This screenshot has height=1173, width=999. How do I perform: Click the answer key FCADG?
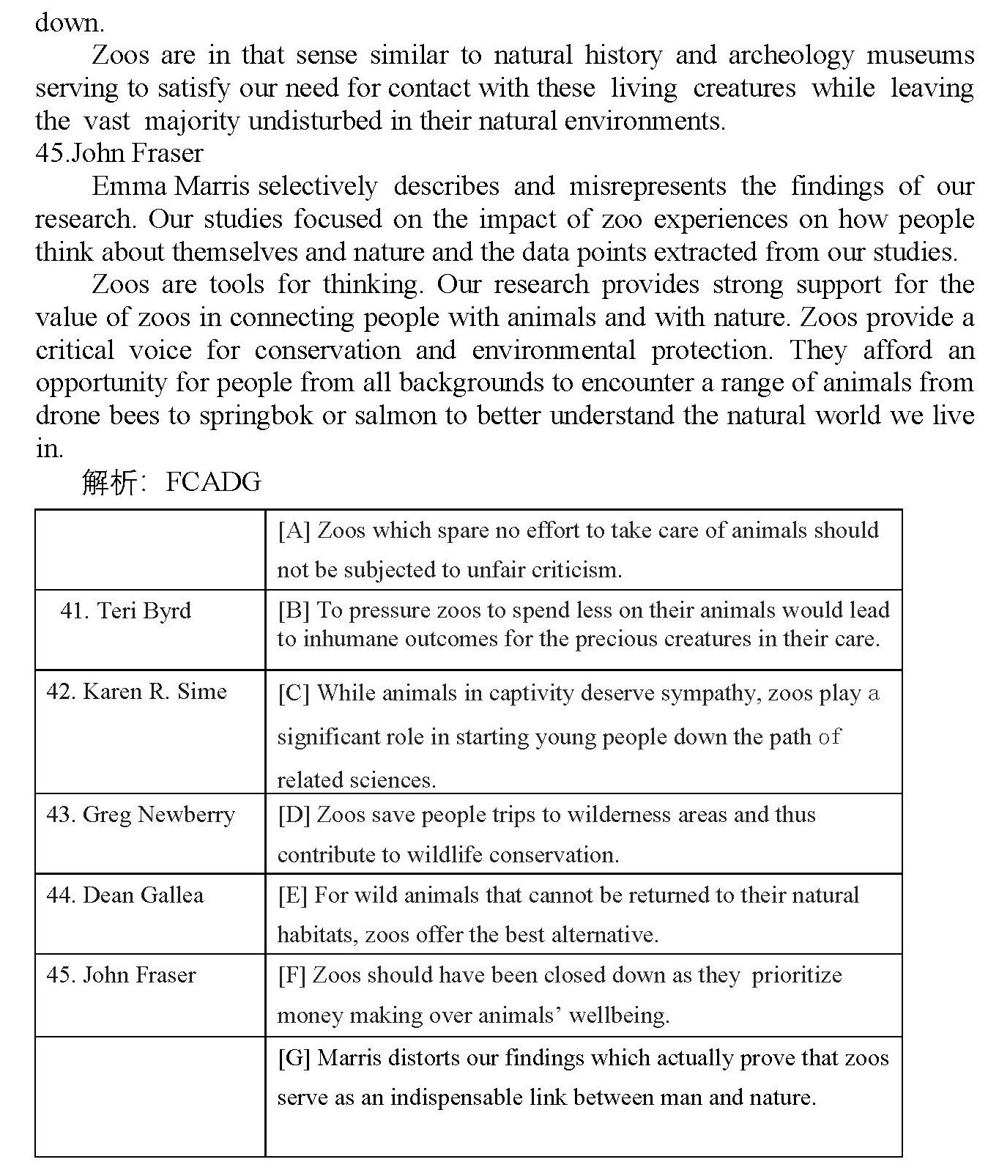click(213, 482)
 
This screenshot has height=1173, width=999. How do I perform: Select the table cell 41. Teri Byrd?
click(125, 610)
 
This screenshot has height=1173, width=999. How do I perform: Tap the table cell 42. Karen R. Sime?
click(136, 691)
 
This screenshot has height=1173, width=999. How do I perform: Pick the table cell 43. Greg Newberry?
click(140, 814)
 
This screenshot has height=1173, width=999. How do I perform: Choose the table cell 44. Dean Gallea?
click(125, 895)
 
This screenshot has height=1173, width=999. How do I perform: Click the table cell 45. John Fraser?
click(121, 974)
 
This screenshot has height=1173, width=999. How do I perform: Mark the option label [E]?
click(293, 895)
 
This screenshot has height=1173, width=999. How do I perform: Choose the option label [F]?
click(292, 974)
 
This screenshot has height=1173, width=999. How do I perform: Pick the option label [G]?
click(294, 1057)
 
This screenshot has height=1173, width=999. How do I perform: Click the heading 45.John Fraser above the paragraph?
click(119, 153)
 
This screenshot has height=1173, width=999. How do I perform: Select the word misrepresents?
click(647, 186)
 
